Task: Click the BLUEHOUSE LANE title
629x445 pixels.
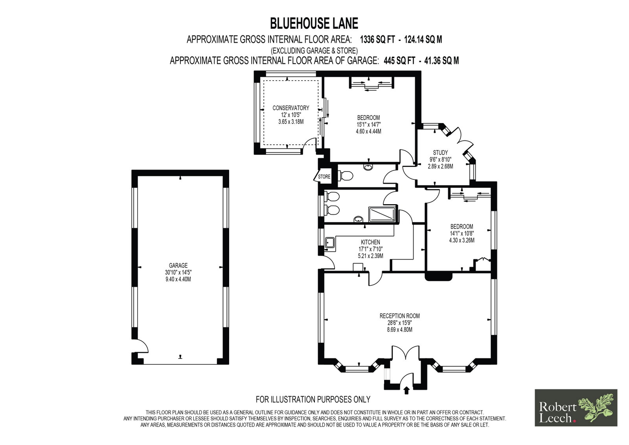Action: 314,23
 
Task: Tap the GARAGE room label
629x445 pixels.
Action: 178,265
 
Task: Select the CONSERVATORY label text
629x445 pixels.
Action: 291,108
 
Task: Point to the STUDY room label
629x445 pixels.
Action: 440,153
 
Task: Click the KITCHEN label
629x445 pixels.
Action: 370,242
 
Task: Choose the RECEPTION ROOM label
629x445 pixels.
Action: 399,316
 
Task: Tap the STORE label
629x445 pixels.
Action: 324,177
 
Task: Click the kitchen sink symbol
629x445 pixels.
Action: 330,243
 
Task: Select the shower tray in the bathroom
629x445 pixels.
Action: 382,214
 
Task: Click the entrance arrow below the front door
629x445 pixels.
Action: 406,390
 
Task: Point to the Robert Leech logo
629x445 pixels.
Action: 576,408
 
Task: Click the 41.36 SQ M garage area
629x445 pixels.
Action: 441,61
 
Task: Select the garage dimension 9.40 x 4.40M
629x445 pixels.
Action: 178,279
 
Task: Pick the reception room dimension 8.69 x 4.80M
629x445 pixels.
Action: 399,330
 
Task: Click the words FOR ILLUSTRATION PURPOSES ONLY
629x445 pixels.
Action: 313,399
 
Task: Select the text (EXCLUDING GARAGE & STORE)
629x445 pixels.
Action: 314,51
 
